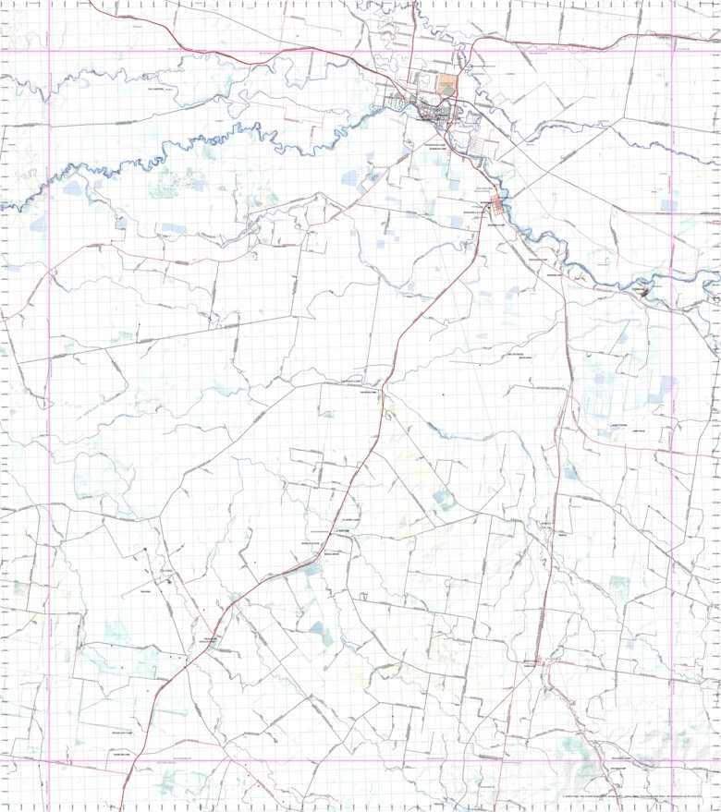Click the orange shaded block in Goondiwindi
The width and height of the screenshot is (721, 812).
point(447,85)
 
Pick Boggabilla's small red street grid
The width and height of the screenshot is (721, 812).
point(496,204)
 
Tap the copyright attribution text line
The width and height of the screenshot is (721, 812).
point(638,795)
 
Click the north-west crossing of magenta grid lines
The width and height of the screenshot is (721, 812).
point(49,52)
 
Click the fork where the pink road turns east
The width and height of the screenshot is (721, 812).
point(561,277)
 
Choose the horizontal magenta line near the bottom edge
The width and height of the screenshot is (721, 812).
point(370,761)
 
